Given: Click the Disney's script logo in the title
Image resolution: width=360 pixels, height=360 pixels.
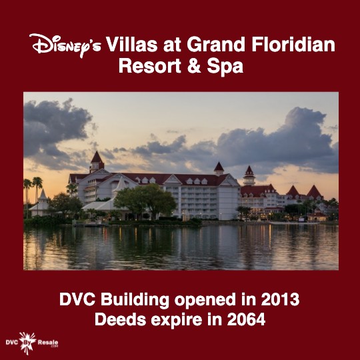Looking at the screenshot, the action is [x=65, y=45].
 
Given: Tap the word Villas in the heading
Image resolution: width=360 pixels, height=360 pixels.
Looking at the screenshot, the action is [x=131, y=44].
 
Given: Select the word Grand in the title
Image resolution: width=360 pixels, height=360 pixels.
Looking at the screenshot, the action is [x=216, y=44].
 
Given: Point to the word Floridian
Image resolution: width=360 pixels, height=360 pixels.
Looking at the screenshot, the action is [x=293, y=44].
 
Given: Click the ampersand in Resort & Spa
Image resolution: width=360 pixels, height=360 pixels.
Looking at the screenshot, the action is [x=194, y=66].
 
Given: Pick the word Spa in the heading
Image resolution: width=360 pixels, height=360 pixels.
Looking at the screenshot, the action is [x=225, y=67].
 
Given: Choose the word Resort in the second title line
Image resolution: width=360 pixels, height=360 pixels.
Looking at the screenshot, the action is [x=150, y=66].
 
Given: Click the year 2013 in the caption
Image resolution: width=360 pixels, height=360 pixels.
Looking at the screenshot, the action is [x=280, y=299].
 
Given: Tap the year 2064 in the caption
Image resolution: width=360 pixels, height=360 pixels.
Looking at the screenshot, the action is [x=246, y=319].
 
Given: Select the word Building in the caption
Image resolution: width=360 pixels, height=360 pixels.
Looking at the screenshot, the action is [x=135, y=300].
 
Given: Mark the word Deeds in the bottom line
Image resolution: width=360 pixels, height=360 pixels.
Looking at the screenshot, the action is [x=120, y=319].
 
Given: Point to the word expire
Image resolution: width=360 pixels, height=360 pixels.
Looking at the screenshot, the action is [x=177, y=320].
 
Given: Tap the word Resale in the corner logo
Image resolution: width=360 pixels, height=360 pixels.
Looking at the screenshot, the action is [x=48, y=343].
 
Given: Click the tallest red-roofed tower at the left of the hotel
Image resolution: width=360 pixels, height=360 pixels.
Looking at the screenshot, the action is [x=97, y=162].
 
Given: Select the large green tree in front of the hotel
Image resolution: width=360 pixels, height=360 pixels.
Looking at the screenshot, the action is [x=145, y=201].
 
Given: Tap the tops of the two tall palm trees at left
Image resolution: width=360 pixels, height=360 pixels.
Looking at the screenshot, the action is [x=33, y=183].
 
